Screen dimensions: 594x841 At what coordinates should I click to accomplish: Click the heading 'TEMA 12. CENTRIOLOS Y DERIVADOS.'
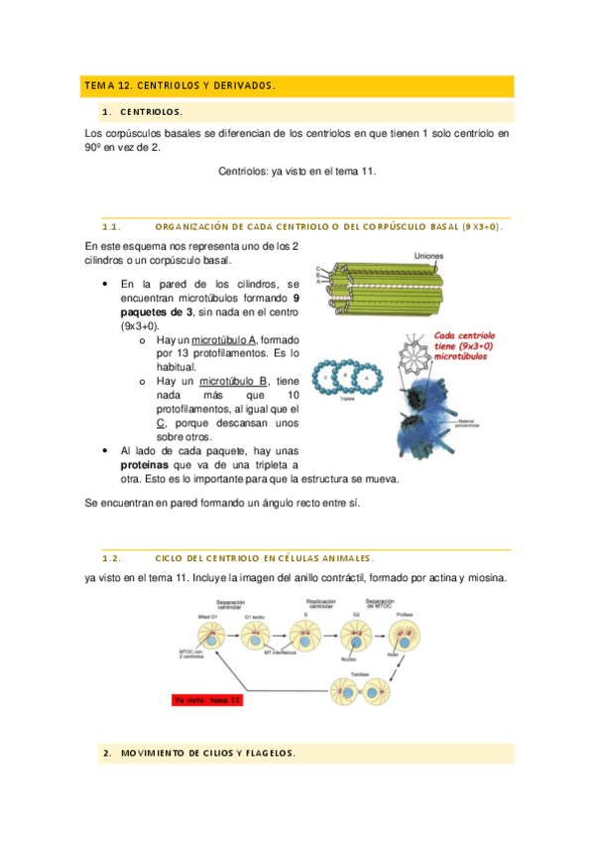[179, 86]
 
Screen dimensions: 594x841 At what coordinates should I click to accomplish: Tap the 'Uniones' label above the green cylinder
[429, 256]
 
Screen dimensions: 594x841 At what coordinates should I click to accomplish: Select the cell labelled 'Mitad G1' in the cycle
[210, 631]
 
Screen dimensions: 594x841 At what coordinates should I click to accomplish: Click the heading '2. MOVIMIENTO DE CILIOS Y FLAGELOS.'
[198, 754]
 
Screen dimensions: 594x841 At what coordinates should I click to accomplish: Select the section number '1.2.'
[111, 559]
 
